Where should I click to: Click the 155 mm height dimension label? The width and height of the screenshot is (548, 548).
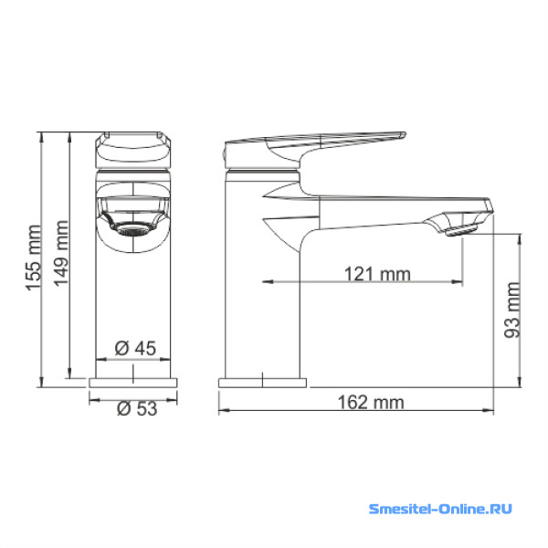(34, 258)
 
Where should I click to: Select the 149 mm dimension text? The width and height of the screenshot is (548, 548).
(61, 253)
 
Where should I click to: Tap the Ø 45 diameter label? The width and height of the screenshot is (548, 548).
(135, 348)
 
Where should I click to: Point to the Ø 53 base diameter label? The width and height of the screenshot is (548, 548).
(137, 408)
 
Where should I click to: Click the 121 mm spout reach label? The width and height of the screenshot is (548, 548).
(377, 274)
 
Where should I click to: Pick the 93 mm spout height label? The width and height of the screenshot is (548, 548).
(512, 310)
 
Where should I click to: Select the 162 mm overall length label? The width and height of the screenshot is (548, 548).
(371, 402)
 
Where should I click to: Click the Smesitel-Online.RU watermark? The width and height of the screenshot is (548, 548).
(440, 509)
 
